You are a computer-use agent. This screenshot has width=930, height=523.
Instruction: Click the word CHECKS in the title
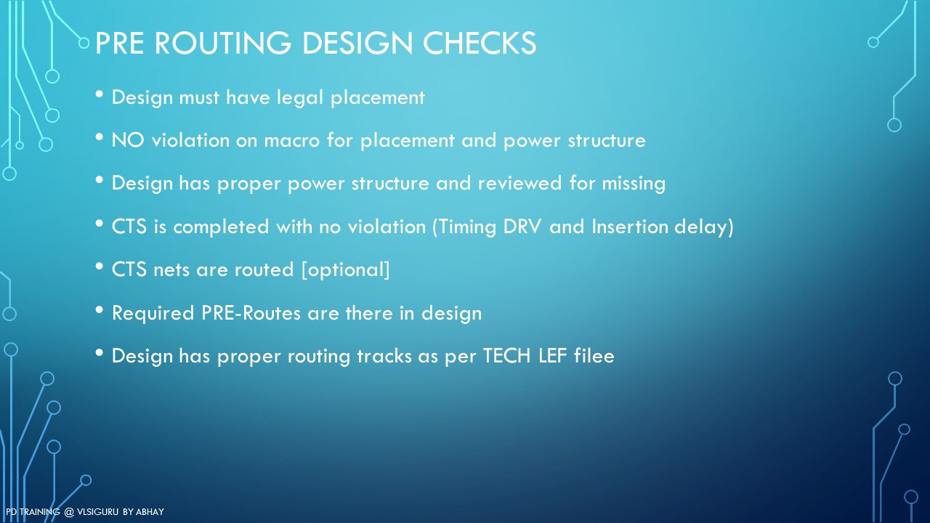(x=479, y=43)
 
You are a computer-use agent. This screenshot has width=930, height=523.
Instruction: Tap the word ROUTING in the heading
(x=223, y=43)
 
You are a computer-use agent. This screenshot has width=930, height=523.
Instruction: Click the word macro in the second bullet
(x=292, y=141)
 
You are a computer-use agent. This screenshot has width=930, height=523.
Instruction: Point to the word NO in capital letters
(x=128, y=140)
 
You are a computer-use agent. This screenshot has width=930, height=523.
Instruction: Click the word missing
(x=634, y=184)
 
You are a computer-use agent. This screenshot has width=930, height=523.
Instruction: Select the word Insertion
(x=629, y=227)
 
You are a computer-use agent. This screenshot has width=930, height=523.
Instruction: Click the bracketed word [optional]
(x=346, y=269)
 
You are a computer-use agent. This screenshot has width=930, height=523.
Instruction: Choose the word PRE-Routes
(x=251, y=313)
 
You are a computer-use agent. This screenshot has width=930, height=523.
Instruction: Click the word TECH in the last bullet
(x=507, y=356)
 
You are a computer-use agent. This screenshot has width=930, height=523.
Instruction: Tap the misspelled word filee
(x=594, y=356)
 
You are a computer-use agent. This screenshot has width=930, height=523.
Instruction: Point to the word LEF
(x=552, y=356)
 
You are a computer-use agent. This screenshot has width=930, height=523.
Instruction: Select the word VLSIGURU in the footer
(x=97, y=512)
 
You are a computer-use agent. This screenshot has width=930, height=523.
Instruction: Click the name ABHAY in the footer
(x=150, y=512)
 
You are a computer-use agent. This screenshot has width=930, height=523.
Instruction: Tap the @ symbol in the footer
(x=69, y=512)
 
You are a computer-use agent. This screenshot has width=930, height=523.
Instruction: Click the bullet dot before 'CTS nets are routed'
(x=100, y=267)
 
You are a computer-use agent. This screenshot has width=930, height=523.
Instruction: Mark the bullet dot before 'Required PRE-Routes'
(x=100, y=309)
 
